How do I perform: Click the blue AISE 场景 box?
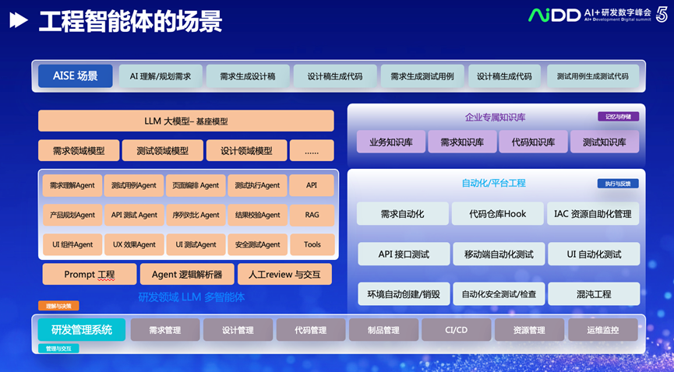tap(76, 76)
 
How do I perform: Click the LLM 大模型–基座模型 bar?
tap(186, 121)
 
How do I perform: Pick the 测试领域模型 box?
tap(162, 150)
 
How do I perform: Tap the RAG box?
tap(312, 215)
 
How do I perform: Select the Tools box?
tap(312, 244)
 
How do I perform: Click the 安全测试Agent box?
tap(258, 244)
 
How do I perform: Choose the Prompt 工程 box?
tap(89, 274)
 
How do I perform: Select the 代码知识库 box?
tap(533, 142)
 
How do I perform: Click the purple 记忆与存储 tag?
tap(618, 116)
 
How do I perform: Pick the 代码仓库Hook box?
tap(498, 214)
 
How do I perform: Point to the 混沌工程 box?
tap(593, 294)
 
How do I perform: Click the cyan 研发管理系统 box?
tap(81, 330)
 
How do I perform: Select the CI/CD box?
tap(456, 330)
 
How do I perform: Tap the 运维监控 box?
tap(603, 330)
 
